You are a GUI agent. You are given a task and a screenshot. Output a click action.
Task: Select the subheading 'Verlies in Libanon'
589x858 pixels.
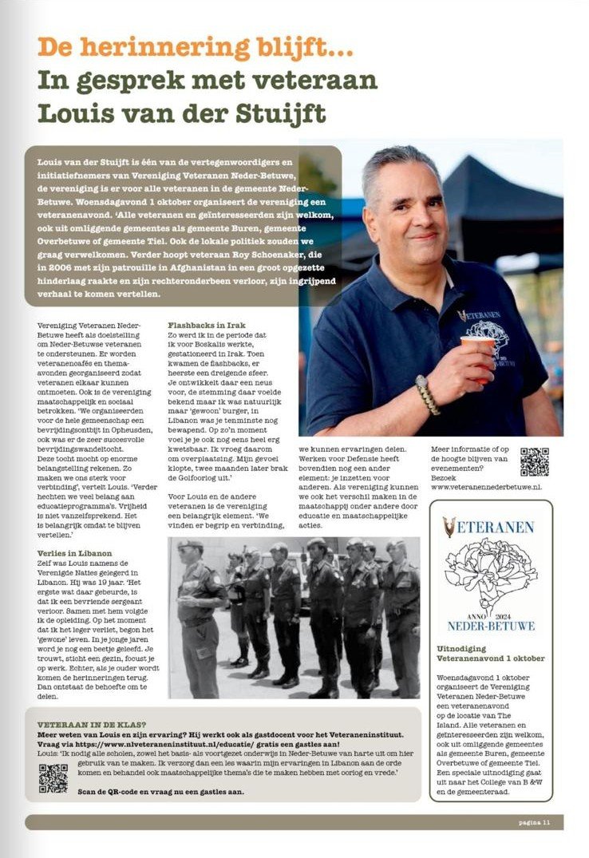(74, 553)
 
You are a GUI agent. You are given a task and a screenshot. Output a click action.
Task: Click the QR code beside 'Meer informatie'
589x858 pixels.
(534, 462)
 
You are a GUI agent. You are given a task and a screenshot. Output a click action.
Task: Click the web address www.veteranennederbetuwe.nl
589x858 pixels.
(486, 485)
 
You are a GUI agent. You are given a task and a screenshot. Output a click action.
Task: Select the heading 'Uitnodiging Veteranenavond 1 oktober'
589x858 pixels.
(490, 653)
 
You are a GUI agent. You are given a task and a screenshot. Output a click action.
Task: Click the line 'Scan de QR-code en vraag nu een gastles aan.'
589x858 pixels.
(140, 792)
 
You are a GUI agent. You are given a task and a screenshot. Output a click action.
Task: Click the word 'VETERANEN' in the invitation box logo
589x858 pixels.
(496, 526)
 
